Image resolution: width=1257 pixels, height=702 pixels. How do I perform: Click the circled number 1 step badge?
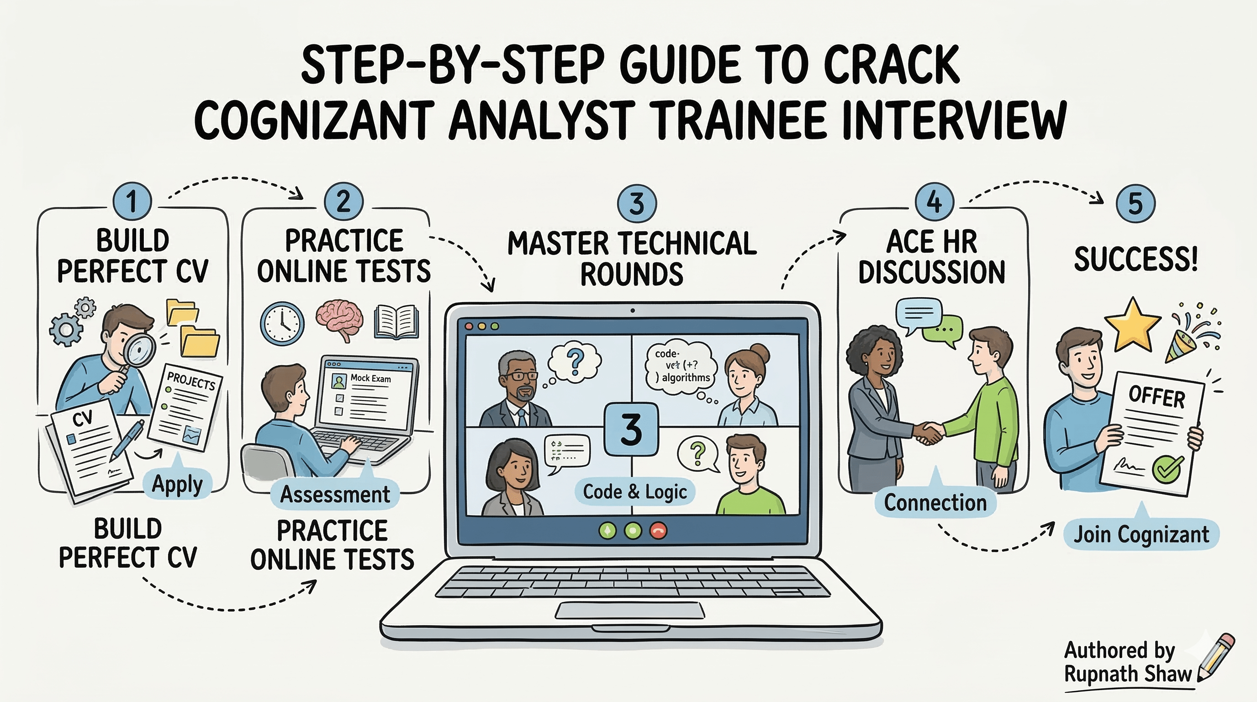tap(132, 201)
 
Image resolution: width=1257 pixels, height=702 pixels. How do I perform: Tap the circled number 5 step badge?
tap(1136, 203)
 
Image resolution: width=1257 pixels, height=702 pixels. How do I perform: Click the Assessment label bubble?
tap(335, 494)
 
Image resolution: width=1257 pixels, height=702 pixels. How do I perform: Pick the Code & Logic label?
tap(635, 492)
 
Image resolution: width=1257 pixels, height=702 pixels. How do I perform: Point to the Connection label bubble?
tap(935, 502)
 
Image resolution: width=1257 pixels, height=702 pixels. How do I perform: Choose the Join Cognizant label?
tap(1141, 534)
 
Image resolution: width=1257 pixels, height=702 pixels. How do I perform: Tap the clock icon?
tap(282, 323)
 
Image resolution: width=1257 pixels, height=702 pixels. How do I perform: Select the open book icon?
tap(396, 322)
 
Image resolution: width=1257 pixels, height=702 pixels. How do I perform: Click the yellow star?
tap(1132, 324)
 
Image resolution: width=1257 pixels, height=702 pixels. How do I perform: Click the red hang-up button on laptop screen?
tap(658, 531)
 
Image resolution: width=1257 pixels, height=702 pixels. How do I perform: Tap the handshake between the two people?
tap(927, 432)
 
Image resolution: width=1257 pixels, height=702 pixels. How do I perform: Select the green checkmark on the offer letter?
tap(1167, 468)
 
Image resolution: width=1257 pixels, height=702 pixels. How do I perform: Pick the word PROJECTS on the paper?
tap(191, 380)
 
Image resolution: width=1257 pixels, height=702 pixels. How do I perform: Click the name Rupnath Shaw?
tap(1128, 674)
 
